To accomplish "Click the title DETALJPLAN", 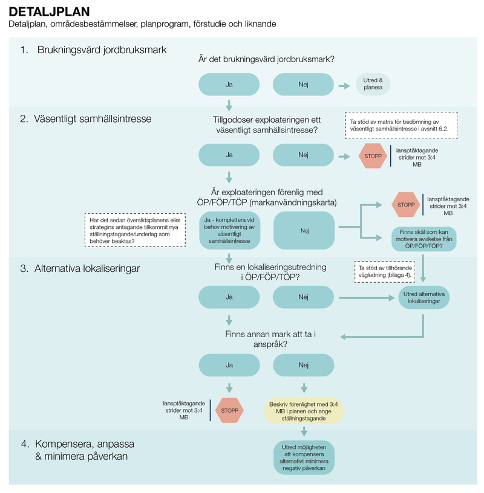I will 50,11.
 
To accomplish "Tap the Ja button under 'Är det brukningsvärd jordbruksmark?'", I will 229,85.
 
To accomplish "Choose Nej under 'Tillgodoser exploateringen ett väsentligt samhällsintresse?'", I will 303,155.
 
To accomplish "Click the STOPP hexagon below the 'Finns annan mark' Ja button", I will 229,410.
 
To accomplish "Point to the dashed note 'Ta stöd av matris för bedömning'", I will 401,124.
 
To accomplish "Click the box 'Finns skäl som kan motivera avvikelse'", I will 423,239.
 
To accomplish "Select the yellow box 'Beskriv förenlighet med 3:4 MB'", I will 303,411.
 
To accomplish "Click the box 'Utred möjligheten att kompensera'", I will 303,456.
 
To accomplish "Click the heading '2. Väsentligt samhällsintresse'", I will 85,119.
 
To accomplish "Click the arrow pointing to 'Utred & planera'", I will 344,85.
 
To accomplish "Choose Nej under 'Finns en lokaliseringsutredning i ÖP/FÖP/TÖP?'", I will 303,297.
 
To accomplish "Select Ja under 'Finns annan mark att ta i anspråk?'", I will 229,365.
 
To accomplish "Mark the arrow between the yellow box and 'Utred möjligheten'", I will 303,431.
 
